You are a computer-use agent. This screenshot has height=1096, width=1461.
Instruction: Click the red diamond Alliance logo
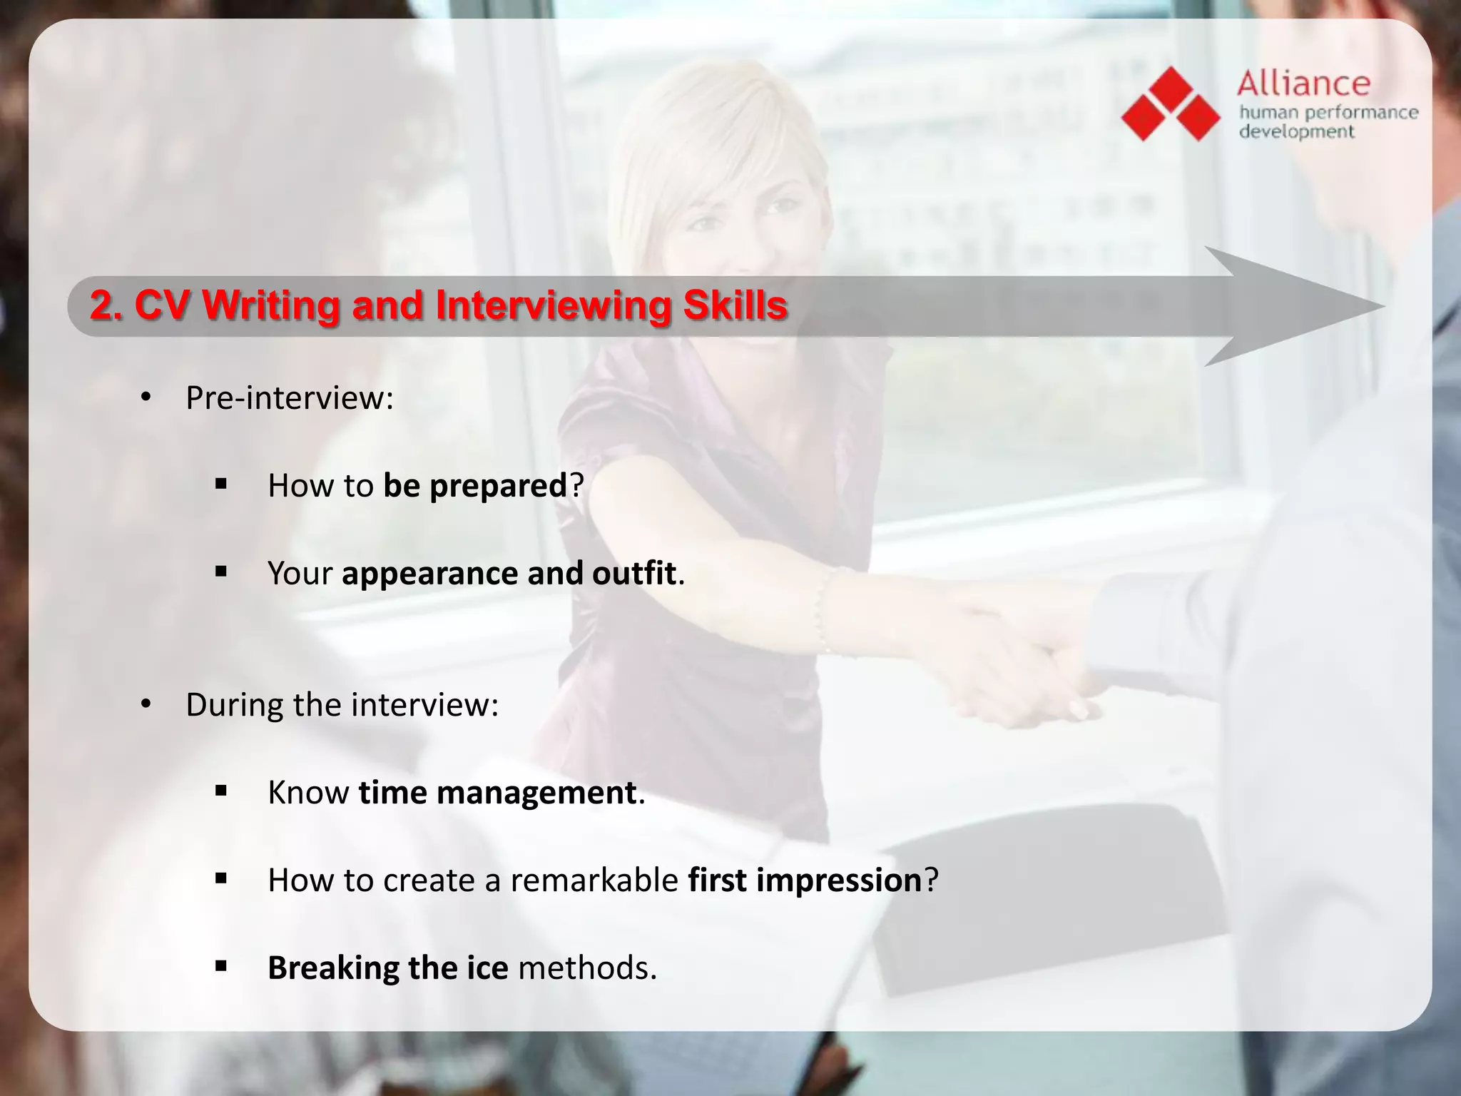1171,104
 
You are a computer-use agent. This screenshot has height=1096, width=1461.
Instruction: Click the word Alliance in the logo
1303,83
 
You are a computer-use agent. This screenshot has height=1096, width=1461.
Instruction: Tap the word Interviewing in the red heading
553,305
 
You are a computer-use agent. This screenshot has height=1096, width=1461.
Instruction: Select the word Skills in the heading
735,305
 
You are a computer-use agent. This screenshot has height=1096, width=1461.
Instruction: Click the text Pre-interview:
289,398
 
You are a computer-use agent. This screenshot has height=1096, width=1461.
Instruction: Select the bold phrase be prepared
474,486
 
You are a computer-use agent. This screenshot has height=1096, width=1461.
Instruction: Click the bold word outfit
633,574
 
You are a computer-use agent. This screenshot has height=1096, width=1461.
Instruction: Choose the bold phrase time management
497,793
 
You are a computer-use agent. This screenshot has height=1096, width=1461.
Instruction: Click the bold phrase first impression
805,881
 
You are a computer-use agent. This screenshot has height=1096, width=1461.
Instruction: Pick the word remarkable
594,881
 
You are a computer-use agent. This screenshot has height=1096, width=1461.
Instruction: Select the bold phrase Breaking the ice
387,968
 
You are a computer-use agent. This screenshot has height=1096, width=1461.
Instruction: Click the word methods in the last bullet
586,968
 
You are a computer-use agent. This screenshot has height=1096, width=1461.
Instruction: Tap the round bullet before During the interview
146,705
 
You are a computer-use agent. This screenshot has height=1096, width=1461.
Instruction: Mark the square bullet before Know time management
220,791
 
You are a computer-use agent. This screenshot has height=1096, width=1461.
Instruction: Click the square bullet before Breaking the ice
220,966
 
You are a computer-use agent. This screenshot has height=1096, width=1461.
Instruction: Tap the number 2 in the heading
102,305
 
